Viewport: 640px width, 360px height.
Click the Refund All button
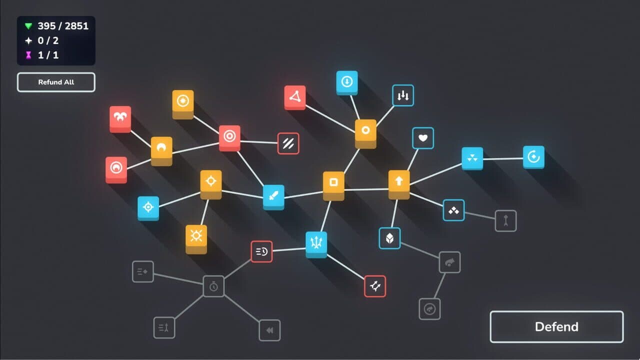[x=56, y=82]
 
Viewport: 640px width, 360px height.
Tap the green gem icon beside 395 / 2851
[x=28, y=26]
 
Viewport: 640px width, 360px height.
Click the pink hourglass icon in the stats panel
[x=28, y=55]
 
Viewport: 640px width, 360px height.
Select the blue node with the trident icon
[x=316, y=244]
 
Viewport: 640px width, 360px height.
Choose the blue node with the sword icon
[x=273, y=197]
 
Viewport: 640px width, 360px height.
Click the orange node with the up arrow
[x=399, y=184]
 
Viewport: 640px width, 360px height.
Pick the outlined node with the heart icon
[x=423, y=138]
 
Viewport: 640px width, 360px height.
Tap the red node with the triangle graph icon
[x=295, y=97]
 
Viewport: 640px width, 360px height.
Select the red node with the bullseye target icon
[x=229, y=137]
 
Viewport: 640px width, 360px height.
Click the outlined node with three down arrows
[x=403, y=95]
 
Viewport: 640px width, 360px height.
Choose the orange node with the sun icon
[x=196, y=239]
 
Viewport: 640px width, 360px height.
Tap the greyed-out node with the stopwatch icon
[x=213, y=286]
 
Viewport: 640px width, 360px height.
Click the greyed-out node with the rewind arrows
[x=269, y=330]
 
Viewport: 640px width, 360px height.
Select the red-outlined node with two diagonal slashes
[x=288, y=143]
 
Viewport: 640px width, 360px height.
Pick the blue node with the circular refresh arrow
[x=533, y=157]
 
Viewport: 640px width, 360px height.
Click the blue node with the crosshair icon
[x=148, y=208]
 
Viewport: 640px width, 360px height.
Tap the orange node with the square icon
[x=333, y=185]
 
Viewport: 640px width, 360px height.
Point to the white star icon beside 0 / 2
[x=28, y=40]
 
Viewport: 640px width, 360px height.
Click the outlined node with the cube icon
[x=389, y=238]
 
